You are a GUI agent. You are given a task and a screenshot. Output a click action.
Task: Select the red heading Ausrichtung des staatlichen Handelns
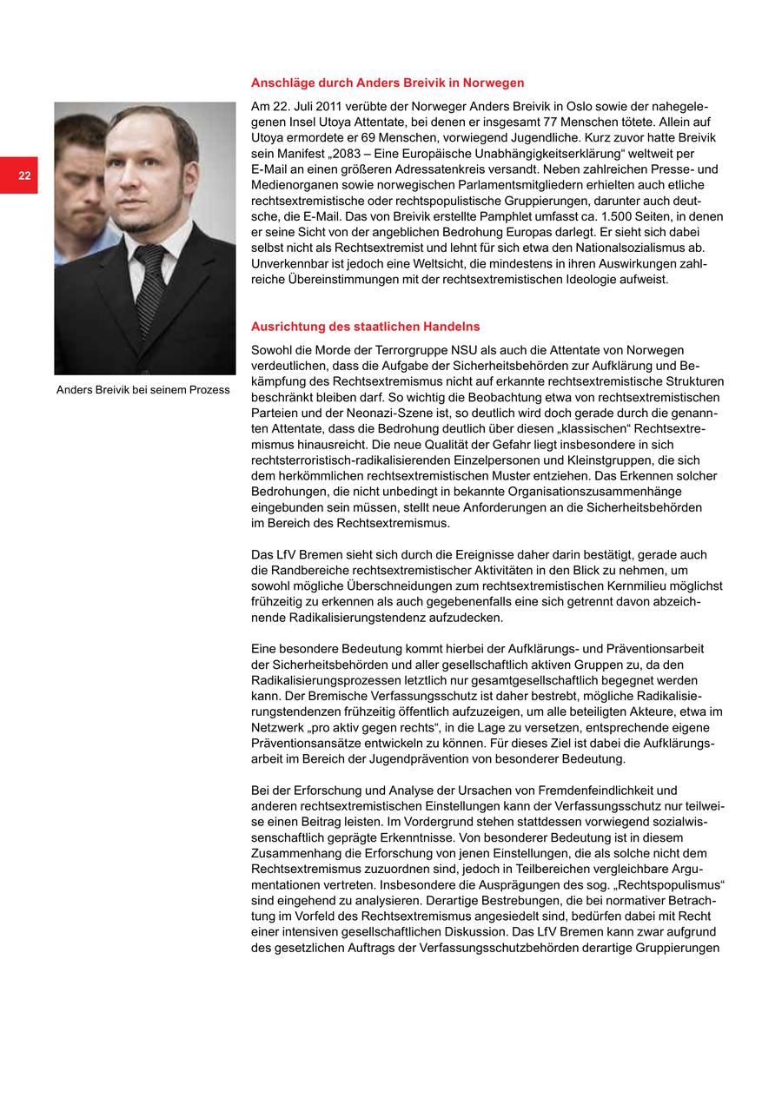(365, 327)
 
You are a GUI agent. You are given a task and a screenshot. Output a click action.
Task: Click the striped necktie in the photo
(149, 287)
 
